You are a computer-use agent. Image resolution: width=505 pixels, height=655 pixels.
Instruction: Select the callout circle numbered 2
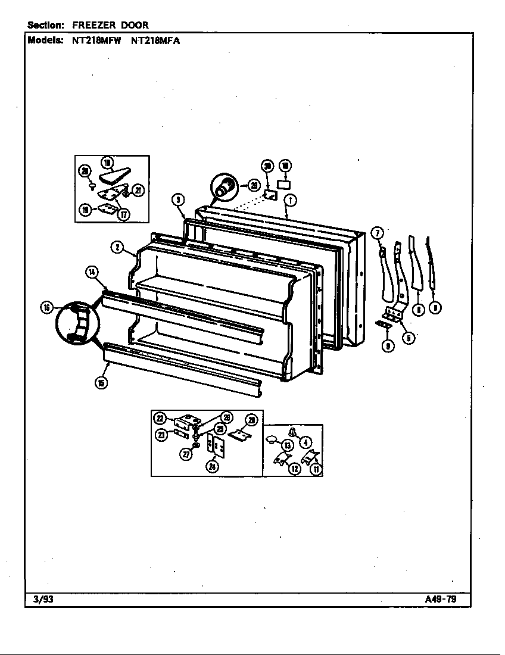117,247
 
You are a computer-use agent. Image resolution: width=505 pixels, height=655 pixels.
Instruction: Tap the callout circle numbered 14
92,273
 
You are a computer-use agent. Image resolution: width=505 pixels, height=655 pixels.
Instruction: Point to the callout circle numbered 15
101,383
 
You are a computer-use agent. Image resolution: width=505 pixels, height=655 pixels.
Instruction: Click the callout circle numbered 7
376,233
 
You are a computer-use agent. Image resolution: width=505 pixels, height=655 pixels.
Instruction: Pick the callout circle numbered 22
161,419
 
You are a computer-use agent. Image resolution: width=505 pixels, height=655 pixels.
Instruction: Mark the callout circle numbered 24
213,467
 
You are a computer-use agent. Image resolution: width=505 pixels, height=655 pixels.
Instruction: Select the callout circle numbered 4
306,442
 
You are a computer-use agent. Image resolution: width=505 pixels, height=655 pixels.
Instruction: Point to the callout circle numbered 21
138,191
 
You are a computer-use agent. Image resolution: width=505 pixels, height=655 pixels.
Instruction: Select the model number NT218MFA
155,40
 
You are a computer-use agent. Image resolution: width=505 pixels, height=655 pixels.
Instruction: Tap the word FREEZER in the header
94,25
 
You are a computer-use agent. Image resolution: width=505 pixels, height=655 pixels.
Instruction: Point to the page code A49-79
441,599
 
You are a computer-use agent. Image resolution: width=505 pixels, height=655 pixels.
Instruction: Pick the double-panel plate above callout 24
214,446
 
